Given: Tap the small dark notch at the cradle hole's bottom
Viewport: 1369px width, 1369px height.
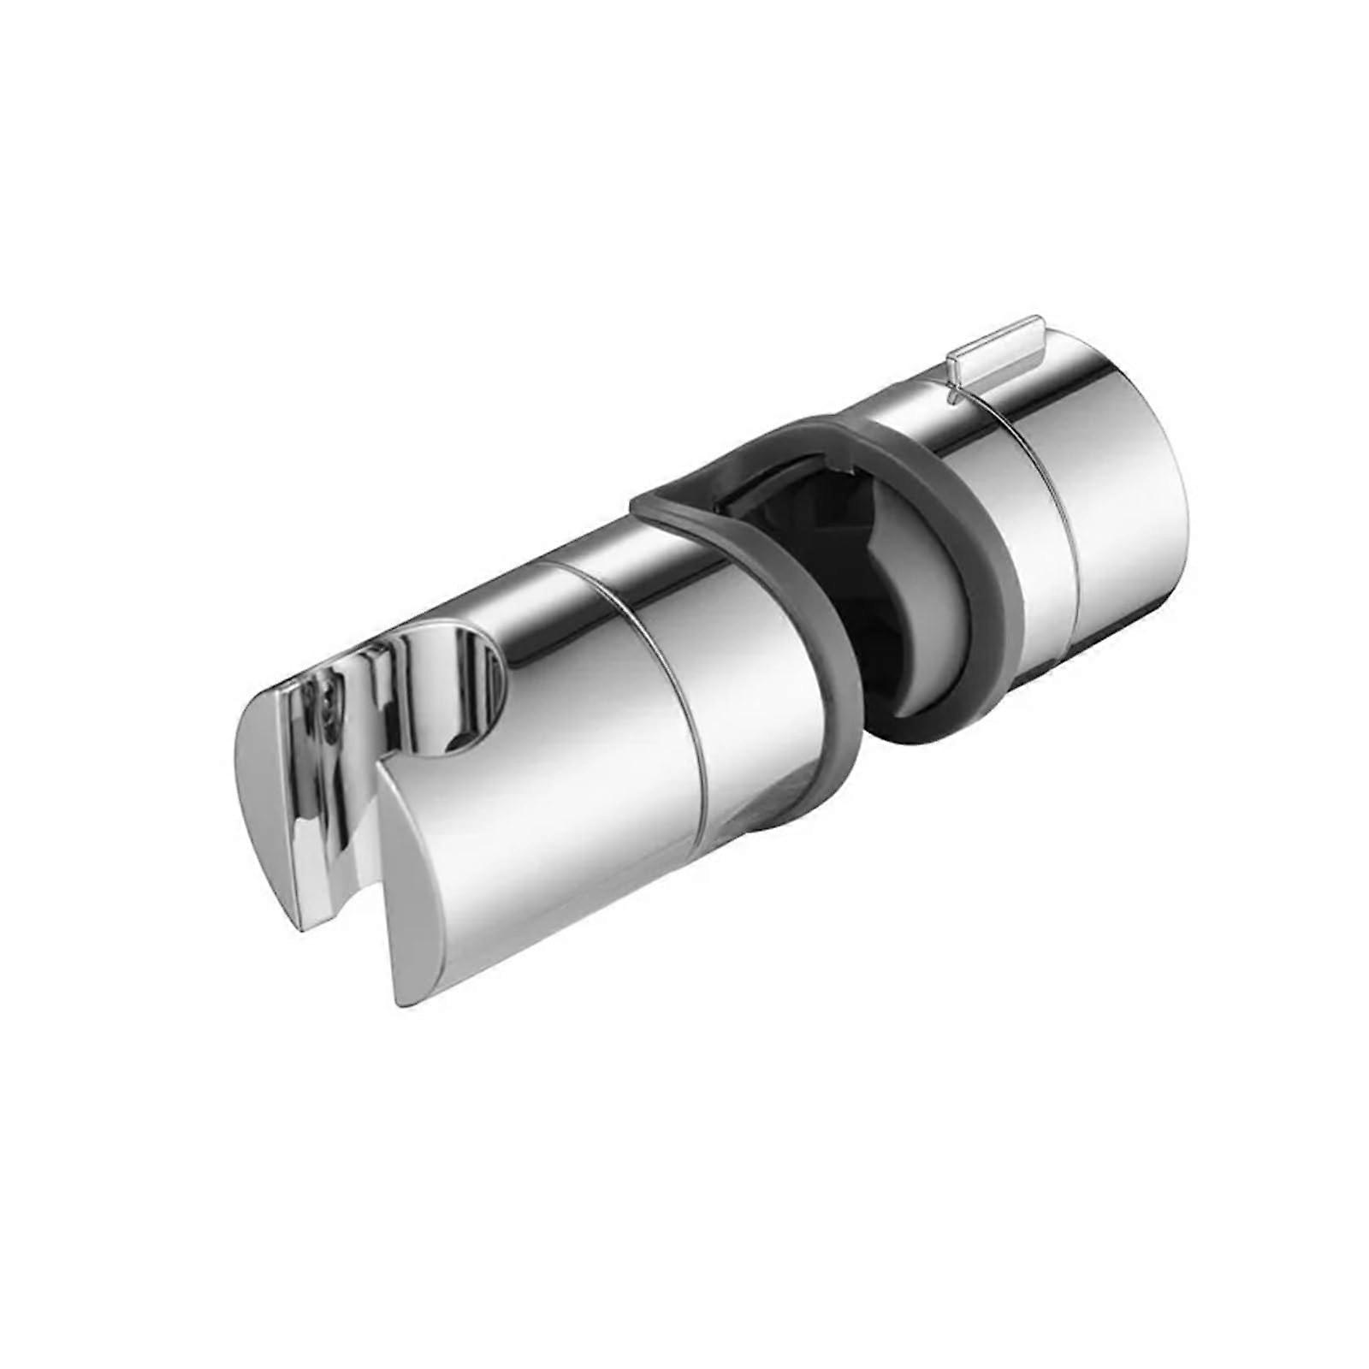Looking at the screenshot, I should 453,744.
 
